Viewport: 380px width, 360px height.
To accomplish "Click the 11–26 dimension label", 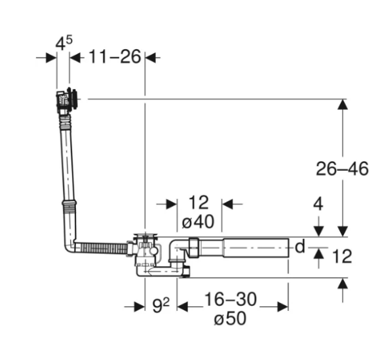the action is click(x=115, y=57).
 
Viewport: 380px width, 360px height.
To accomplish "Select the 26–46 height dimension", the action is click(x=342, y=168).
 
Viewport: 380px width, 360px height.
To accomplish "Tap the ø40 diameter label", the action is click(x=198, y=221).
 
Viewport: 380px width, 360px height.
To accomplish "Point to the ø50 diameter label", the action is click(x=230, y=318).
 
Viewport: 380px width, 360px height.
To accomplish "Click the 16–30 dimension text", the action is click(x=231, y=299).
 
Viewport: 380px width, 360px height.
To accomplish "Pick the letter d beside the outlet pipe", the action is click(x=300, y=247).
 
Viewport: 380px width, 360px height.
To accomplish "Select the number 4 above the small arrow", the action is click(x=318, y=204).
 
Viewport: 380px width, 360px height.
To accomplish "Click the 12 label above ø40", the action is click(x=199, y=202).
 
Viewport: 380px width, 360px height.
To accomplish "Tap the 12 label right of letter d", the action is click(x=342, y=256).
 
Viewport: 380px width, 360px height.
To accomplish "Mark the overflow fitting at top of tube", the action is click(x=67, y=99).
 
